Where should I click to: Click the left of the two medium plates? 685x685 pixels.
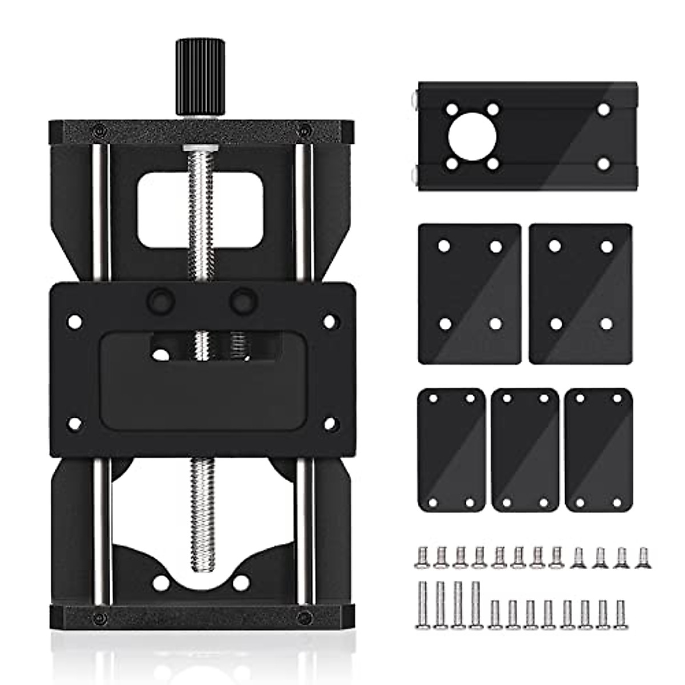pyautogui.click(x=469, y=293)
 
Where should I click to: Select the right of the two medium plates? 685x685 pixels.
pyautogui.click(x=580, y=293)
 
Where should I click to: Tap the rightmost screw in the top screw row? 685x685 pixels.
pyautogui.click(x=643, y=557)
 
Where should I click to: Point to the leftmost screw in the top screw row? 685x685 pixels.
pyautogui.click(x=422, y=557)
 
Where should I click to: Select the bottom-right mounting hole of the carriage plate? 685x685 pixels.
pyautogui.click(x=329, y=424)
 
